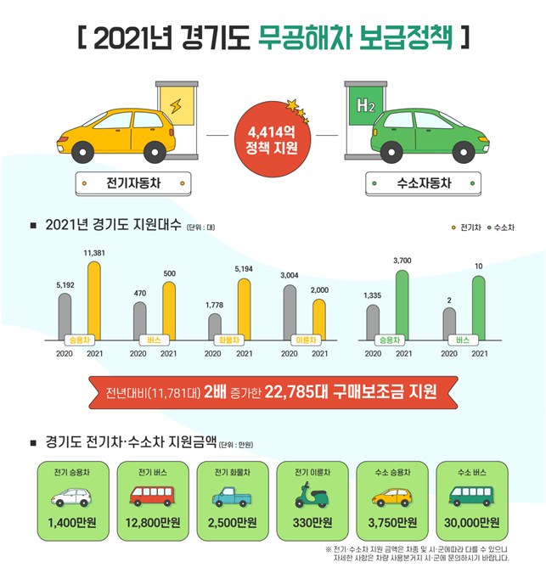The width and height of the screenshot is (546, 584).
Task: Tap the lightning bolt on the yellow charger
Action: coord(177,107)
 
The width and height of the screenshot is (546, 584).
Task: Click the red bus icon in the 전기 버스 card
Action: coord(150,496)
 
